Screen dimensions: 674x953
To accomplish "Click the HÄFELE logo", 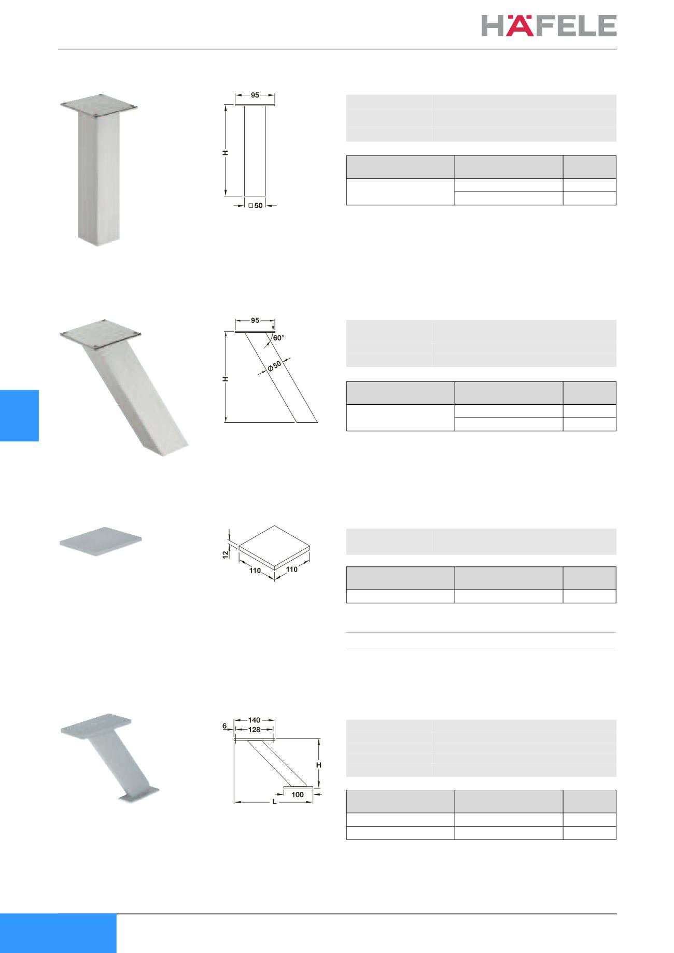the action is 549,25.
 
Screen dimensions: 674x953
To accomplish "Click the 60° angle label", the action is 279,337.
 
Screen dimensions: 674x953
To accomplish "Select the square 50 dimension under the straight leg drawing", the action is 256,206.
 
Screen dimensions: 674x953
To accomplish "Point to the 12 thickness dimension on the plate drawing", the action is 226,554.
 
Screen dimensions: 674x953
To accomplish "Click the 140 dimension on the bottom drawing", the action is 255,720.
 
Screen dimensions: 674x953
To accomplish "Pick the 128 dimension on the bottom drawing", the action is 255,730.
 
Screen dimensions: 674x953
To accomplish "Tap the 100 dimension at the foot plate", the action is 298,794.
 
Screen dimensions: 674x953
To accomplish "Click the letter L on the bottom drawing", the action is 274,803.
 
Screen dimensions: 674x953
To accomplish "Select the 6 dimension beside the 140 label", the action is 225,726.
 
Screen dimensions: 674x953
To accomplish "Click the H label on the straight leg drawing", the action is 226,153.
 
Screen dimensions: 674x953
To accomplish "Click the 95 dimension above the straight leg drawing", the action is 255,95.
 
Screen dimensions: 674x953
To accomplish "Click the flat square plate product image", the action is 101,542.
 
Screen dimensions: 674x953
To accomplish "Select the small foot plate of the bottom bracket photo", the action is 138,793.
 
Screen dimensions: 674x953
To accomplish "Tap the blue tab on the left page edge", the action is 19,416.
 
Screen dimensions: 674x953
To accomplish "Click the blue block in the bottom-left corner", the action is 58,933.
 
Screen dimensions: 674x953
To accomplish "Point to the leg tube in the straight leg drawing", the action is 255,151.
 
